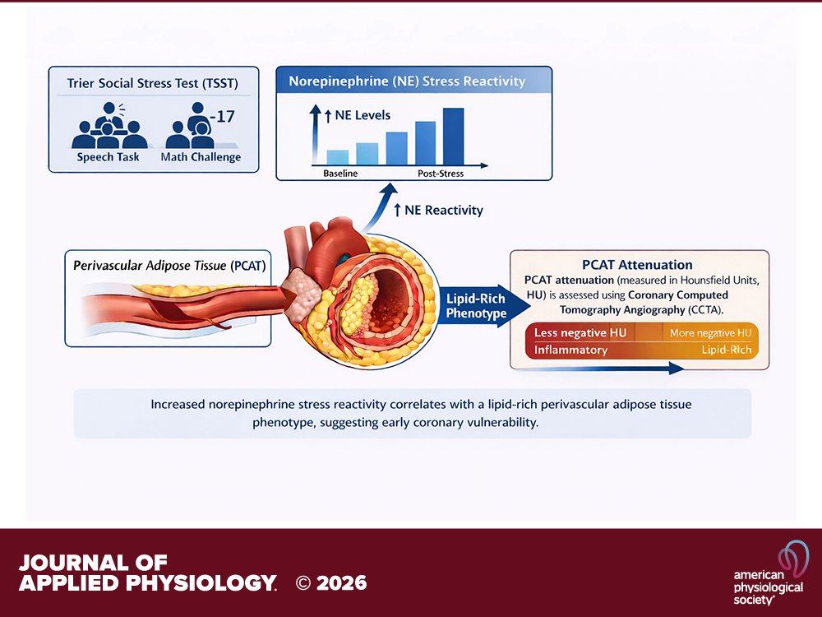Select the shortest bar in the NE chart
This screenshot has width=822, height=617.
(x=338, y=158)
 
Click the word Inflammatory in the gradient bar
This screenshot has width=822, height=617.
(x=571, y=350)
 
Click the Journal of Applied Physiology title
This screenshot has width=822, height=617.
(x=147, y=573)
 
